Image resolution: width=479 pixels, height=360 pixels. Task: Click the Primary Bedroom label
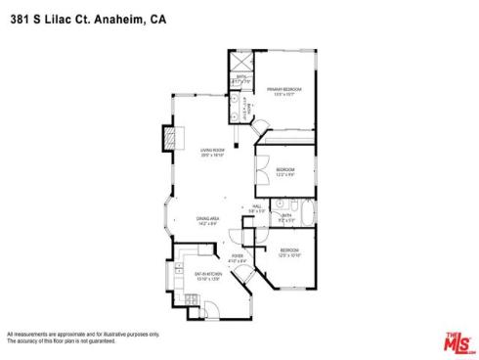pos(283,91)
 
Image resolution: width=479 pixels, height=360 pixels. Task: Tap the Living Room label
pos(213,151)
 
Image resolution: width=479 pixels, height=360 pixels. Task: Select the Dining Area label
pos(207,218)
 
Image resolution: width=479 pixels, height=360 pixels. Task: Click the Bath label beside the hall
pos(284,216)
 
